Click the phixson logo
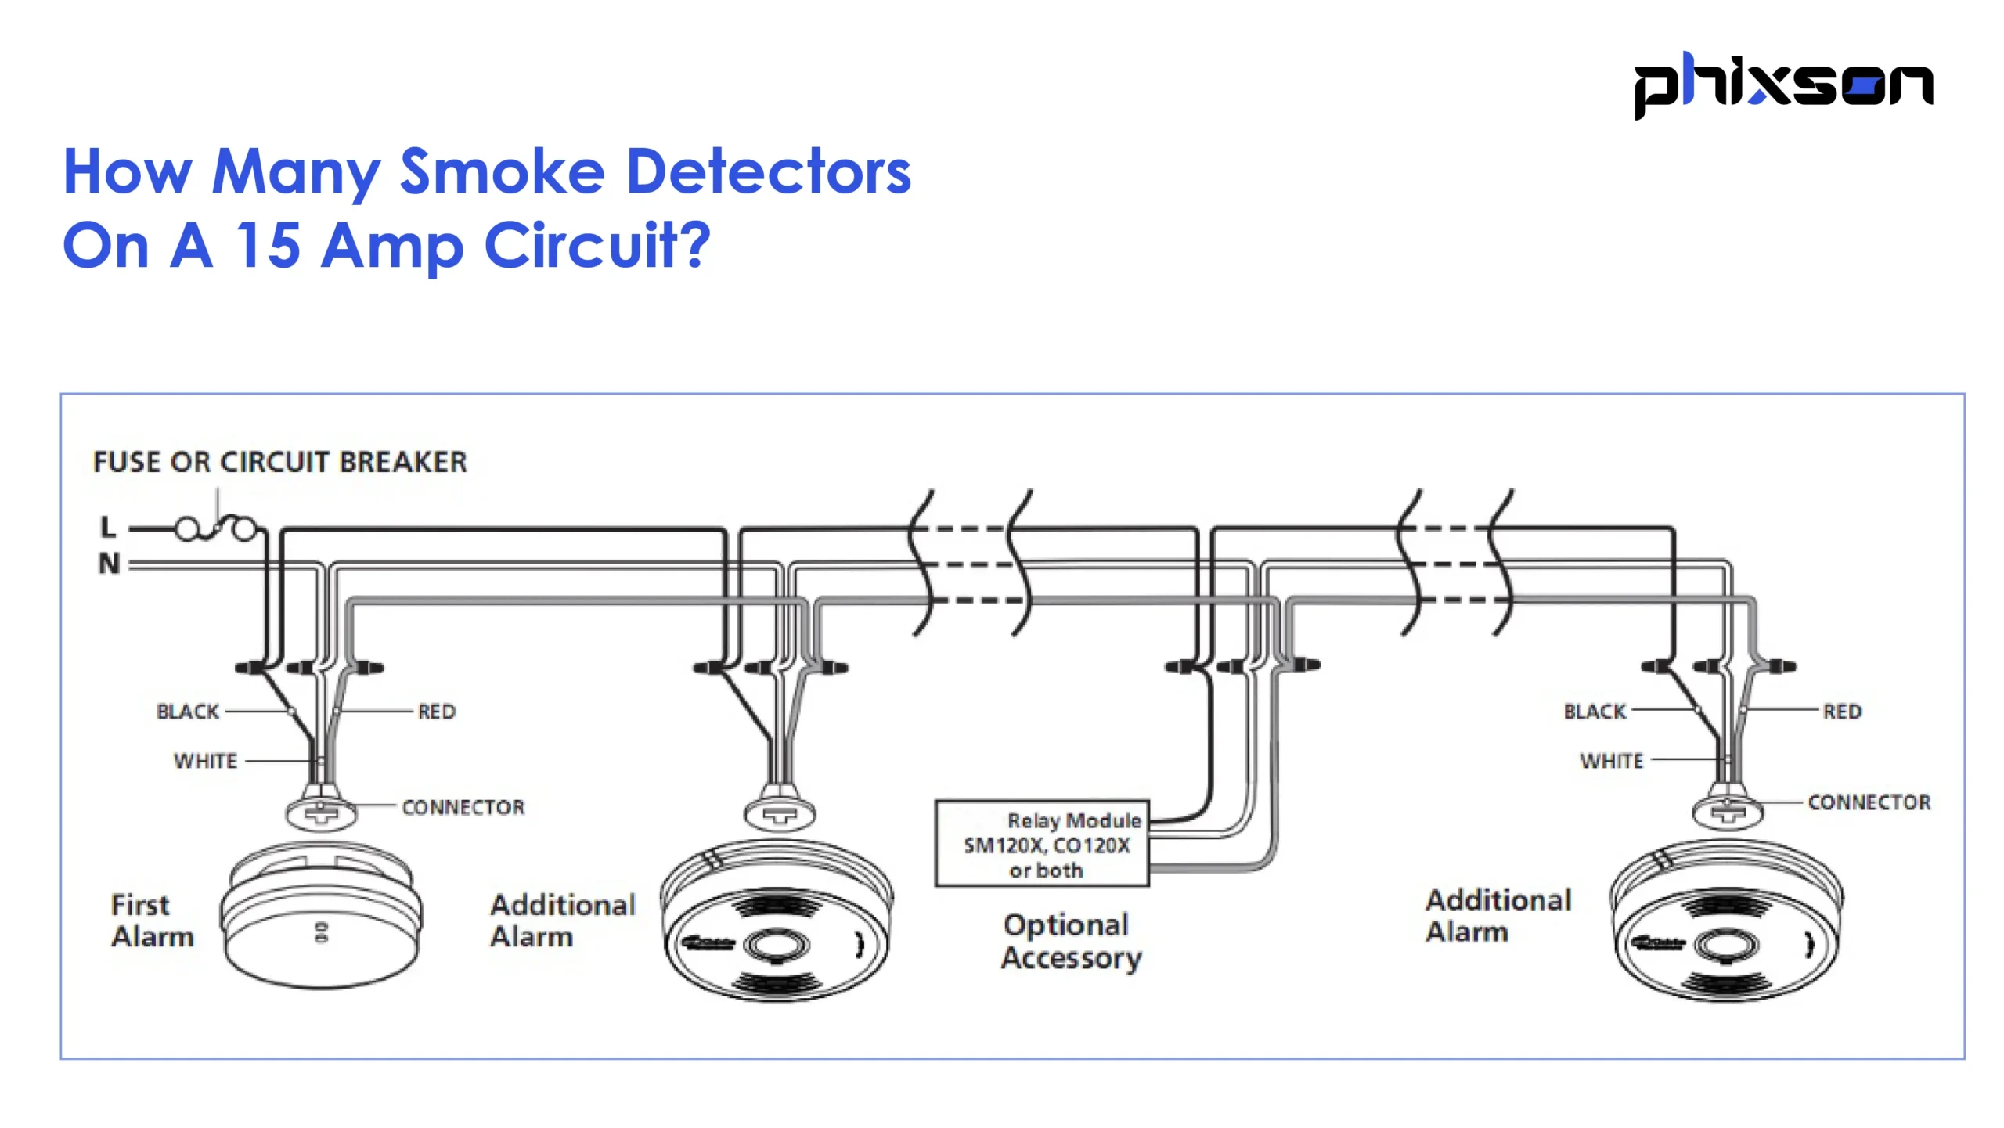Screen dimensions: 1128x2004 coord(1782,85)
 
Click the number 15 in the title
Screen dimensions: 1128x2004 coord(269,246)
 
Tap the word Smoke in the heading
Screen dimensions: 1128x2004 coord(502,171)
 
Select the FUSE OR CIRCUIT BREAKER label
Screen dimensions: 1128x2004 coord(279,462)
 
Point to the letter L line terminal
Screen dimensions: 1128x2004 coord(108,528)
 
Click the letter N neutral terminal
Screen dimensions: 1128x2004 coord(109,563)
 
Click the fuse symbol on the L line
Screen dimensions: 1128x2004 coord(216,529)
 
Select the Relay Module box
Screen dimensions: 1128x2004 coord(1042,844)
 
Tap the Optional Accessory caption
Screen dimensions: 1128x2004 coord(1070,942)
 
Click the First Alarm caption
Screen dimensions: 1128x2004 coord(151,921)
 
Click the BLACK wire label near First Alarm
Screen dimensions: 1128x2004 coord(188,712)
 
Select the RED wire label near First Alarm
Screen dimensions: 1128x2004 coord(436,712)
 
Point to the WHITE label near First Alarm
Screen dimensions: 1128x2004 coord(205,761)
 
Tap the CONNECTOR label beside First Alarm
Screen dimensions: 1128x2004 coord(463,807)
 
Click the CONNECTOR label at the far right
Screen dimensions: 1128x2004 coord(1869,802)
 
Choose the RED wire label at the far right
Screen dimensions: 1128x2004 coord(1841,712)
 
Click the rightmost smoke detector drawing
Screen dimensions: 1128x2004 coord(1726,924)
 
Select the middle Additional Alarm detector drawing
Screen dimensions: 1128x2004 coord(777,924)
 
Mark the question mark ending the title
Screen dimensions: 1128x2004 coord(694,245)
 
